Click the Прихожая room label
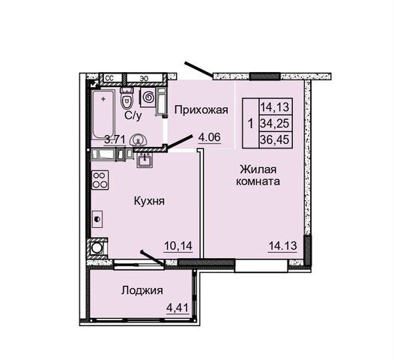pos(201,110)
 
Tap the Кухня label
pos(149,201)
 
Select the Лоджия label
pos(142,290)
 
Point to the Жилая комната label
pos(258,175)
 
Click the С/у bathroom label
pos(133,115)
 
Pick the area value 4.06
pos(209,137)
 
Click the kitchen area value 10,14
pos(178,245)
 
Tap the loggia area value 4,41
pos(178,307)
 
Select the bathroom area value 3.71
pos(115,139)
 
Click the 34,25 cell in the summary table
pos(276,124)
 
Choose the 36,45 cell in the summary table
pos(276,139)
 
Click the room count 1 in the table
pos(250,124)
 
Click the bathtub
pos(103,115)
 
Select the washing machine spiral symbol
pos(148,97)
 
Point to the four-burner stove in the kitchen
pos(100,180)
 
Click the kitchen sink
pos(145,160)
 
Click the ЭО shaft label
pos(144,79)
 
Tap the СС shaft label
pos(110,78)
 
